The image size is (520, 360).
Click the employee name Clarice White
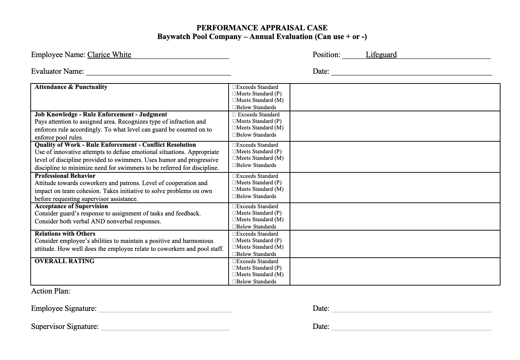click(109, 55)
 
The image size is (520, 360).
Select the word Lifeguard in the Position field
click(381, 55)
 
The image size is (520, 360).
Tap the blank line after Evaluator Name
click(158, 72)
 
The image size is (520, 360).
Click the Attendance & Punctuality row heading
click(71, 87)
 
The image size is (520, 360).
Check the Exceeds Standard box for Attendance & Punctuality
click(234, 87)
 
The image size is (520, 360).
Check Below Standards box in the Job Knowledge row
click(234, 135)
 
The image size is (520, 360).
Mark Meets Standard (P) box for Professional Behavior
click(234, 183)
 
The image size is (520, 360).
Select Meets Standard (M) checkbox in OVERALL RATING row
click(234, 275)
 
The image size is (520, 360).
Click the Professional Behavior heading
click(65, 176)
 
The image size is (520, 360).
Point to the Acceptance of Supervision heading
click(71, 206)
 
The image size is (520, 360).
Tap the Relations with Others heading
click(65, 234)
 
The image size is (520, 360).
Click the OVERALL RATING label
click(64, 261)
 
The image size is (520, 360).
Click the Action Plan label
click(51, 291)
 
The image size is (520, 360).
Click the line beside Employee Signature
click(165, 309)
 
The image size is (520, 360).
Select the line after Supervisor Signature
click(165, 327)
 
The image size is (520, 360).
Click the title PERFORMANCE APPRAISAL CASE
click(262, 28)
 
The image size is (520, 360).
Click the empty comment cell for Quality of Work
click(395, 157)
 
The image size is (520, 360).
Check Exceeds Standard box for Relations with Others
click(234, 234)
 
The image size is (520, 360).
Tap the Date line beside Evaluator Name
click(412, 72)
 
